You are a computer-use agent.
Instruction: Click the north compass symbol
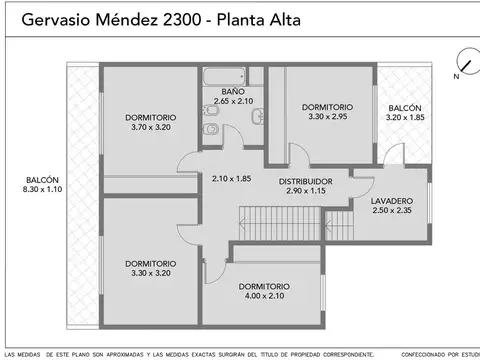(x=462, y=62)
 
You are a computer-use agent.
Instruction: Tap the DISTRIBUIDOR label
(x=306, y=181)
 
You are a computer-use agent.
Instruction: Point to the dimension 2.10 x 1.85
(x=231, y=179)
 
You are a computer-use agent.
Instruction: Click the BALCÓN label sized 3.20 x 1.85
(x=404, y=107)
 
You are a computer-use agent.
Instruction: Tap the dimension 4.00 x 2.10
(x=264, y=295)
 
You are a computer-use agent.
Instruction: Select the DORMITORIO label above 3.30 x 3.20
(x=150, y=264)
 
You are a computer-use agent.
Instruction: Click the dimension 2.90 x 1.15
(x=306, y=190)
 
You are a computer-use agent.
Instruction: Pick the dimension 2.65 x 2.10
(x=234, y=101)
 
